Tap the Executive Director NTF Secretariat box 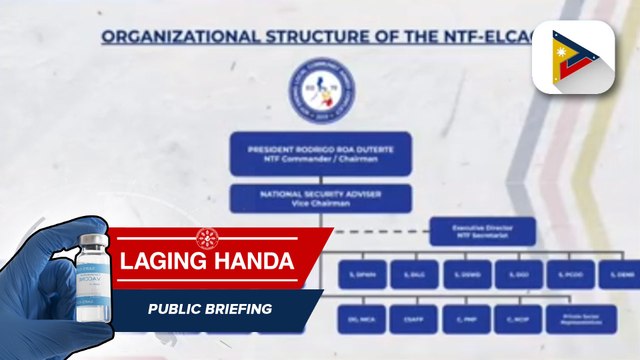tap(482, 232)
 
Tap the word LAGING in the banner tap(164, 261)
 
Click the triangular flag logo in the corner tap(572, 57)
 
